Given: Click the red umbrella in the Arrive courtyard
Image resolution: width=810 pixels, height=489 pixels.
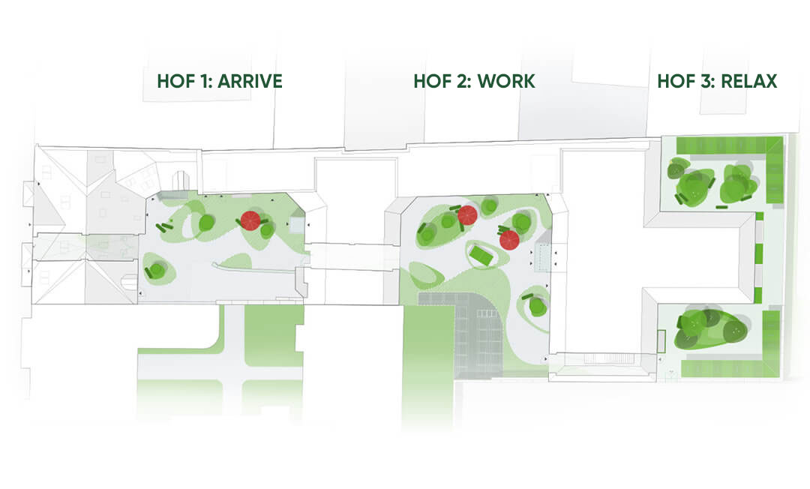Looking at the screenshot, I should [250, 220].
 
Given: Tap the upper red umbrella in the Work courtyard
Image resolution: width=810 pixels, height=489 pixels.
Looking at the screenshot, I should [468, 215].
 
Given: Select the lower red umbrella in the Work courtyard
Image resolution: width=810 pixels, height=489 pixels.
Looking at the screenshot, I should [510, 240].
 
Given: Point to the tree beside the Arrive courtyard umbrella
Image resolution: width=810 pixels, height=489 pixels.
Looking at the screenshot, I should [267, 230].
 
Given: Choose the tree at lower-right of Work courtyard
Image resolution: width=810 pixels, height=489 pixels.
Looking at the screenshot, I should [537, 306].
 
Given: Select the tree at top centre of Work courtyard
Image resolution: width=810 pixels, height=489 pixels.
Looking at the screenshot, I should [490, 205].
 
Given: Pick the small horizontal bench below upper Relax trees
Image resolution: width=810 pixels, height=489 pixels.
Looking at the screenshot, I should [724, 206].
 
